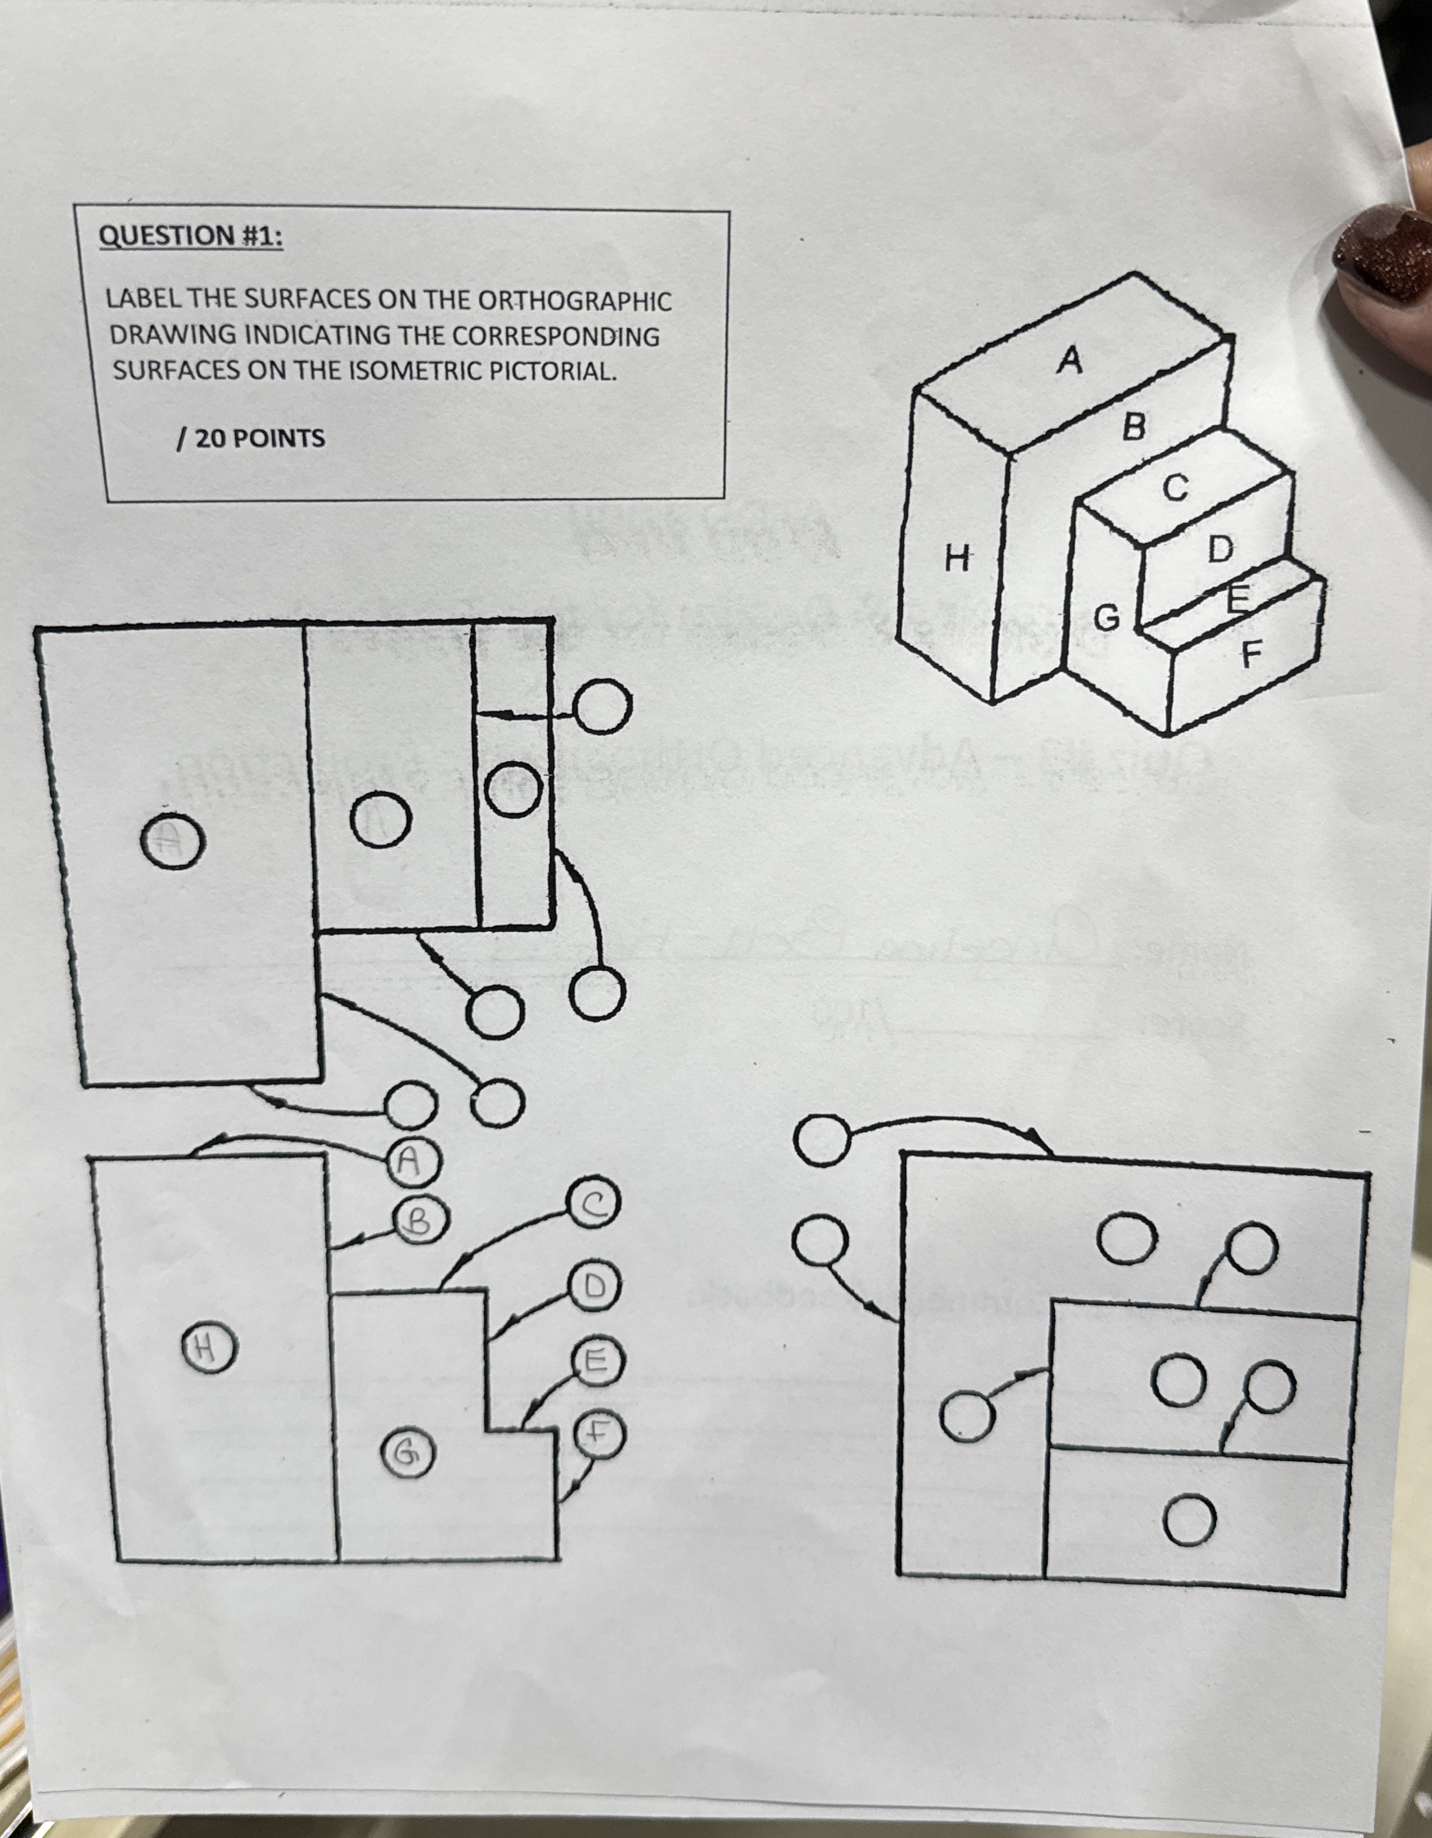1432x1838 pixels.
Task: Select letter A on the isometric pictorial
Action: [x=1069, y=360]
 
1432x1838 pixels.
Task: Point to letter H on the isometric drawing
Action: [x=957, y=557]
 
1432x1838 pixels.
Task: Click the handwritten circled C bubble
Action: [x=594, y=1205]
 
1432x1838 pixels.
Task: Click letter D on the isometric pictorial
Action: [x=1220, y=550]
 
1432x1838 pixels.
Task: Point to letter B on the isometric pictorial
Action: [x=1134, y=428]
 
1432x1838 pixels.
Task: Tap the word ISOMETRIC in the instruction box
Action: [x=410, y=371]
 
